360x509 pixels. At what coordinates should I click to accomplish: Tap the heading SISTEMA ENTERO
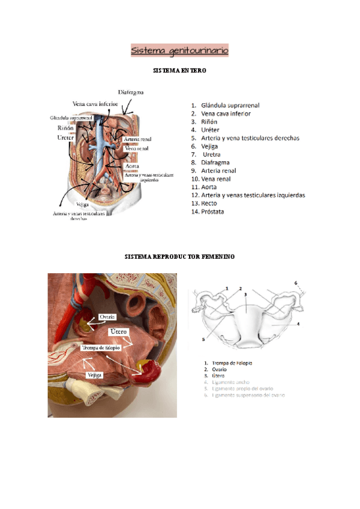[x=181, y=71]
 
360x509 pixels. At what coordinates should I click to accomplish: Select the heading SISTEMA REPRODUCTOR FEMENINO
[x=179, y=257]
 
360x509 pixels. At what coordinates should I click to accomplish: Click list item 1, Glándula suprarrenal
[x=230, y=105]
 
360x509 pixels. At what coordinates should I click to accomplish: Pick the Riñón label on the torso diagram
[x=66, y=128]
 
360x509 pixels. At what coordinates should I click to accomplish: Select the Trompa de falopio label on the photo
[x=100, y=348]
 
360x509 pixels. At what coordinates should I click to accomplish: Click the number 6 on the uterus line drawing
[x=295, y=283]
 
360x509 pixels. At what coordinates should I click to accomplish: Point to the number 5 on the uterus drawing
[x=203, y=339]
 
